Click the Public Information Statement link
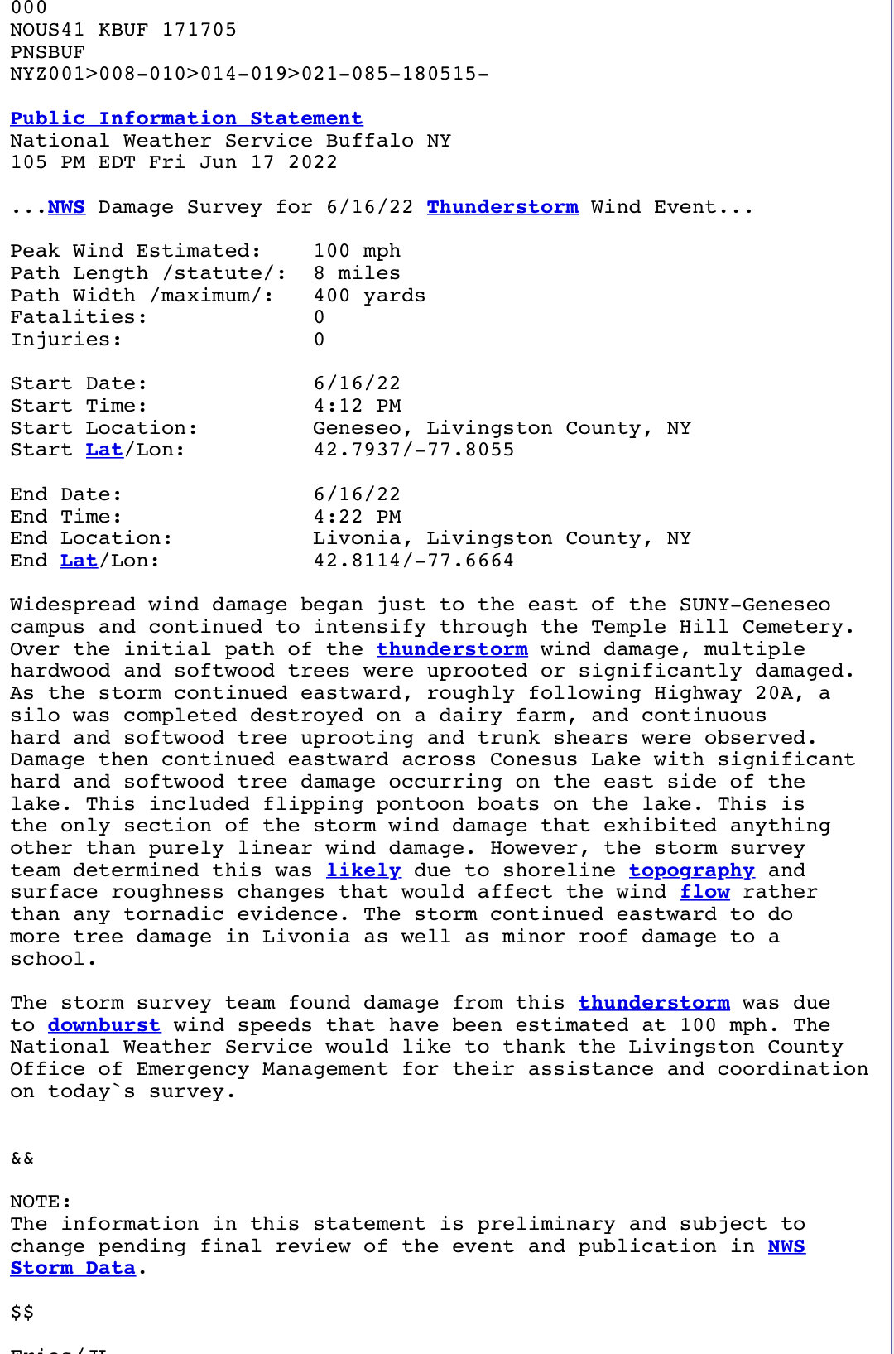(x=186, y=118)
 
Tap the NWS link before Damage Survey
(x=66, y=207)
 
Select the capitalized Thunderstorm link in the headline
(x=502, y=207)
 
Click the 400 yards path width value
(x=369, y=296)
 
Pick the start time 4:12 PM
(x=357, y=406)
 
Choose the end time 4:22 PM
(x=357, y=517)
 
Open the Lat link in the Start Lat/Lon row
(x=103, y=450)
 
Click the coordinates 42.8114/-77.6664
(x=413, y=561)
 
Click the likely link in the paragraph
(x=363, y=870)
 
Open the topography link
(x=691, y=870)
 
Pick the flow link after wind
(x=704, y=892)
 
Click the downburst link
(x=103, y=1025)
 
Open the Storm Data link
(x=73, y=1268)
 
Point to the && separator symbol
(x=22, y=1158)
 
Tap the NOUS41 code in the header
(x=47, y=30)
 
